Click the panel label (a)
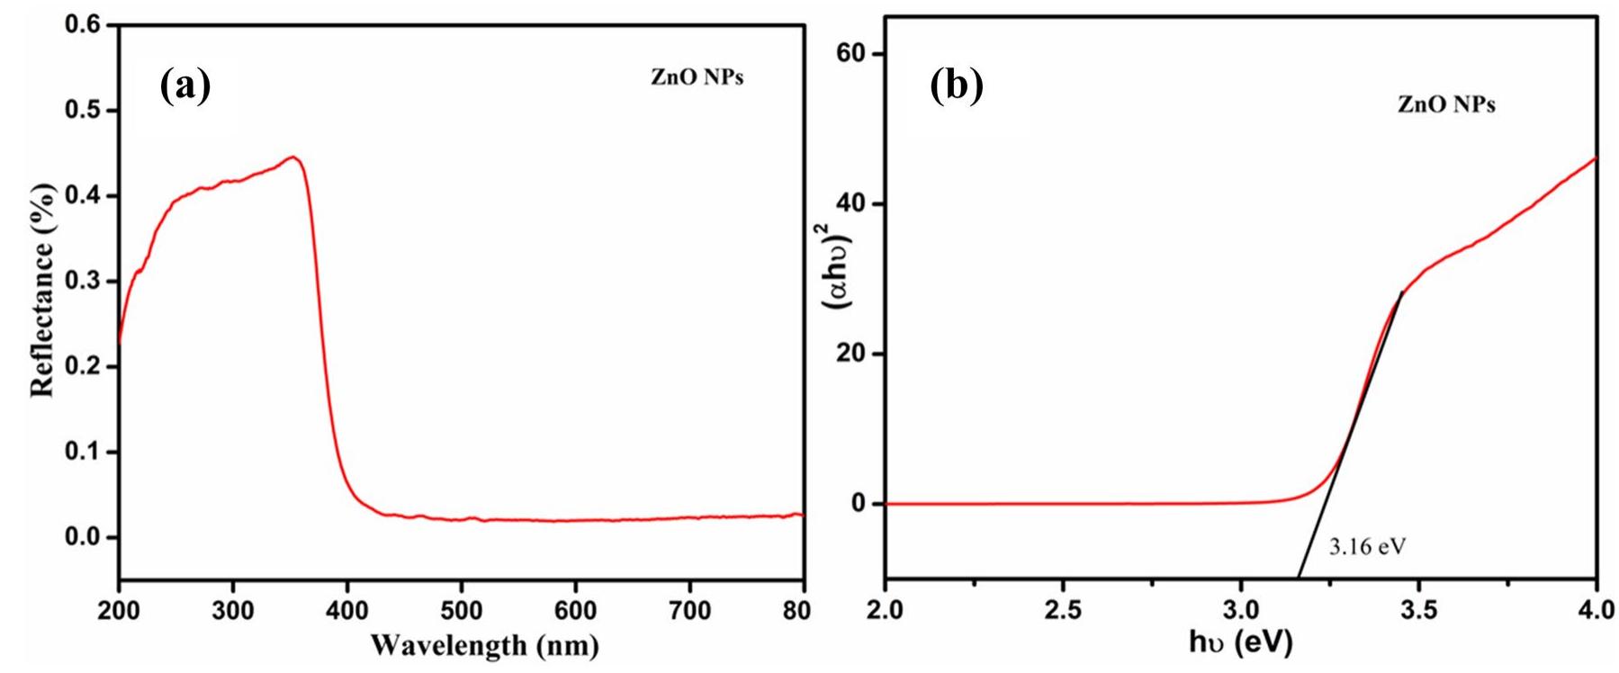coord(184,86)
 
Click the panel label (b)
coord(956,86)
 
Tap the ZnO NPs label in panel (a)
coord(697,77)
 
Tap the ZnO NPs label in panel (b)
coord(1446,105)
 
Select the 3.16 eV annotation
coord(1366,546)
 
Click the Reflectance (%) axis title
coord(43,290)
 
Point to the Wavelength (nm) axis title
coord(484,645)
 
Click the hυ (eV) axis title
coord(1240,642)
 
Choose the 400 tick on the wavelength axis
coord(347,611)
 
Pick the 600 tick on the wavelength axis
coord(575,611)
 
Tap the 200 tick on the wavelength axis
coord(119,611)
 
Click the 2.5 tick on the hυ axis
coord(1063,611)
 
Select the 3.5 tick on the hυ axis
coord(1418,611)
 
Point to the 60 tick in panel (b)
coord(855,54)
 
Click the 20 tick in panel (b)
coord(855,354)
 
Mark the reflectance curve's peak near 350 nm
coord(292,157)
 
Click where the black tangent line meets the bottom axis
coord(1298,578)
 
